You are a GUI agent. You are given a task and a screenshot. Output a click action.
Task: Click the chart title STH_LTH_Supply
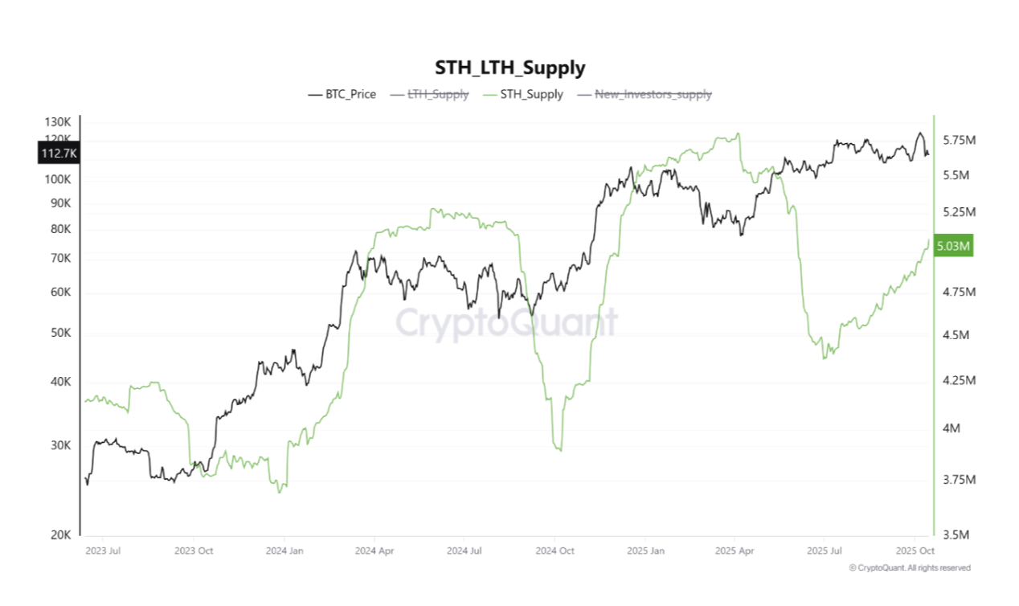[x=509, y=68]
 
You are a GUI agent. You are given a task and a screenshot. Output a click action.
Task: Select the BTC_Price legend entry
[x=342, y=94]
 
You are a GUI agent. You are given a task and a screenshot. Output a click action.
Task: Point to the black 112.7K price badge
[x=58, y=153]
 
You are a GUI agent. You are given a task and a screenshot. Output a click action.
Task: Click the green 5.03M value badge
[x=955, y=246]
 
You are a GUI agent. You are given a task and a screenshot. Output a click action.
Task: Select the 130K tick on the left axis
[x=58, y=122]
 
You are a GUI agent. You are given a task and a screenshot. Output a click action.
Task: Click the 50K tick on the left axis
[x=61, y=333]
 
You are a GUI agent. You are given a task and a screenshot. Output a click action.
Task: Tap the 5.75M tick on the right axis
[x=959, y=141]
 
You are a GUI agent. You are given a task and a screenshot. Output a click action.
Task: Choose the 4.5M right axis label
[x=956, y=335]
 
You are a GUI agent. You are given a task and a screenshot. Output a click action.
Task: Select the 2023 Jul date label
[x=102, y=551]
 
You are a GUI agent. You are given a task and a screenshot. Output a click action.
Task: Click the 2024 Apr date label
[x=373, y=551]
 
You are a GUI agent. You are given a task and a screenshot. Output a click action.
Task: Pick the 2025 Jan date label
[x=646, y=551]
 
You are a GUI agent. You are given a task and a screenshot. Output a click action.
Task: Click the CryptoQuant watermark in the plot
[x=506, y=323]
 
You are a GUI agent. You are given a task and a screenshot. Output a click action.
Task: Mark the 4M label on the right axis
[x=951, y=429]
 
